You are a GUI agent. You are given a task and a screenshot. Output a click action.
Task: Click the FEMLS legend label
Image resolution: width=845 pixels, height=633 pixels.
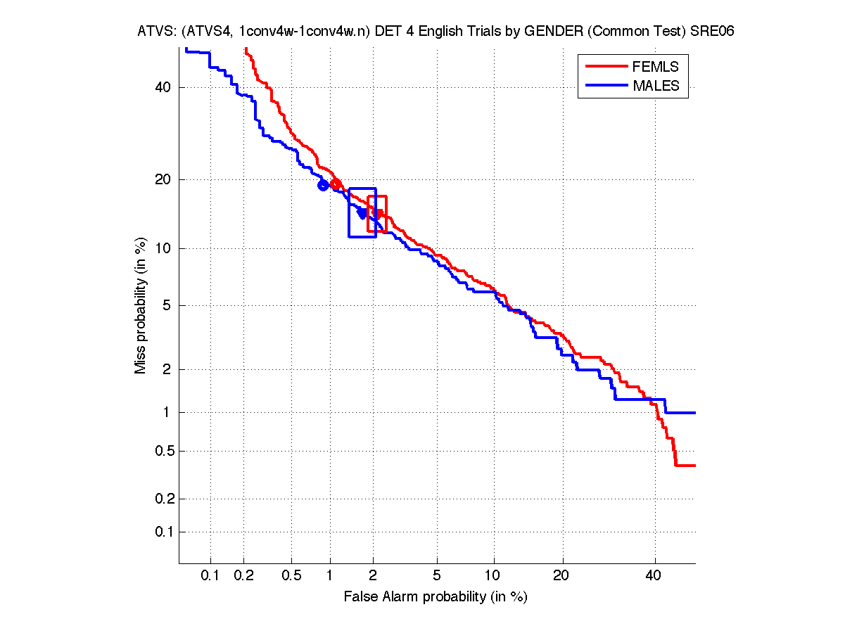click(x=656, y=67)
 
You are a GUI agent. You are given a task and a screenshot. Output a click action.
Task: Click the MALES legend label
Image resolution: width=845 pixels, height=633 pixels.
click(x=656, y=86)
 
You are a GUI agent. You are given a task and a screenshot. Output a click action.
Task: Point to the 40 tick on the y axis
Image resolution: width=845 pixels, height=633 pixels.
click(x=163, y=88)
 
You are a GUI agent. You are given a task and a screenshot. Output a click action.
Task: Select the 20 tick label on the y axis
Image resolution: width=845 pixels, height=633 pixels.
click(x=163, y=179)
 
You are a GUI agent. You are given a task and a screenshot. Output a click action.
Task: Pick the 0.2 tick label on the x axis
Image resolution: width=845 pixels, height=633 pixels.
click(x=243, y=575)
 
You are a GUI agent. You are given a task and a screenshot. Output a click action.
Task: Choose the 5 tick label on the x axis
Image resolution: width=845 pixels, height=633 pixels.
click(x=437, y=575)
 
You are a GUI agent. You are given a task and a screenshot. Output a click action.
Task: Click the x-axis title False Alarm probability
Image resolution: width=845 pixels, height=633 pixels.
click(x=436, y=597)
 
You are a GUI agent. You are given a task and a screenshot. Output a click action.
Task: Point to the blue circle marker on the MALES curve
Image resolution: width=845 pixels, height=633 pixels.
click(x=323, y=185)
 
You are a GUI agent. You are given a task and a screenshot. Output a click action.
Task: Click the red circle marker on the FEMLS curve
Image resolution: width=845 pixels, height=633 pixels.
click(x=336, y=184)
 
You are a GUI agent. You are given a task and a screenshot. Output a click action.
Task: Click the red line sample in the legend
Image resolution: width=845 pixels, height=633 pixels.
click(x=605, y=67)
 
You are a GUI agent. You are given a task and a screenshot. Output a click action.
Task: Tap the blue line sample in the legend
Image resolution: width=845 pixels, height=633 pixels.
click(x=605, y=86)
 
